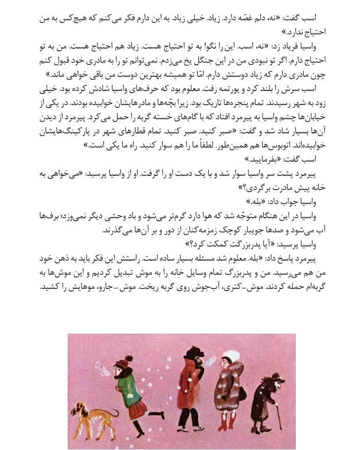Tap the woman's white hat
[x=230, y=356]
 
